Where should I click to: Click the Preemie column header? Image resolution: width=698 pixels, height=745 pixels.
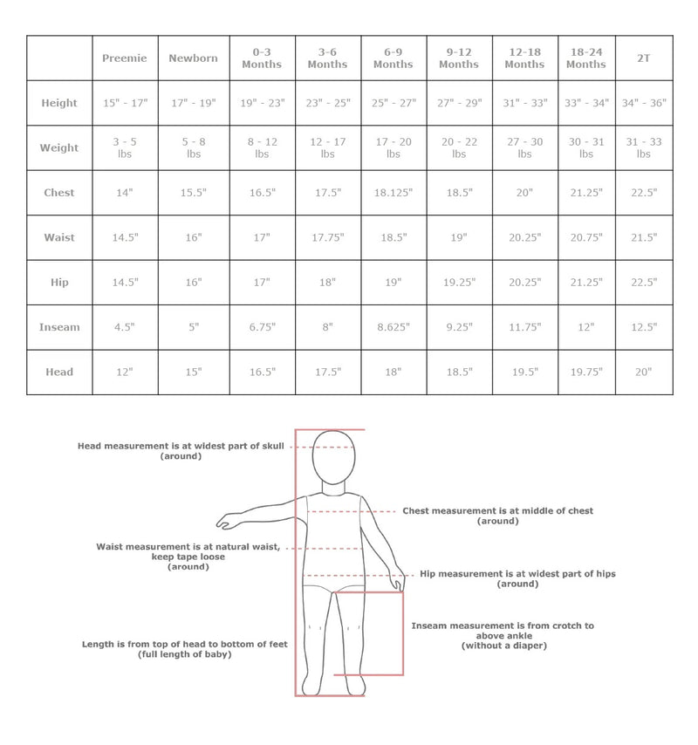point(126,58)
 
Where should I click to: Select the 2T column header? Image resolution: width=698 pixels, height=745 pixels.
point(644,58)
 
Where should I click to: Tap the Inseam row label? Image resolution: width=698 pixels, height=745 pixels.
point(59,327)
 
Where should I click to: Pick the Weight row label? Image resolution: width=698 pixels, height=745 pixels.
point(59,147)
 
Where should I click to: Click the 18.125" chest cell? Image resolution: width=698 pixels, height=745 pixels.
point(393,193)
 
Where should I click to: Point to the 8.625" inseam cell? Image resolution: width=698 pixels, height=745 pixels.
point(393,327)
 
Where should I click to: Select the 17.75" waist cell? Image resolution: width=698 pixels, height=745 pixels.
point(327,237)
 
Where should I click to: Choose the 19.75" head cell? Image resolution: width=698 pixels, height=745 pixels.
point(585,372)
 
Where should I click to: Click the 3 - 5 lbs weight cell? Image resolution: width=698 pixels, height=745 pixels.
point(126,147)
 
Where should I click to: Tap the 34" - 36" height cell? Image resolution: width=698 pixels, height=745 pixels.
point(644,103)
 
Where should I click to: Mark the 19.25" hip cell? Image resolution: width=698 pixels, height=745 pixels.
point(459,283)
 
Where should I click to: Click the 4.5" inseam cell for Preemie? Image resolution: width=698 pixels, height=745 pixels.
point(126,327)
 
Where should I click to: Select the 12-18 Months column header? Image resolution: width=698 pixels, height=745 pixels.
point(524,58)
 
